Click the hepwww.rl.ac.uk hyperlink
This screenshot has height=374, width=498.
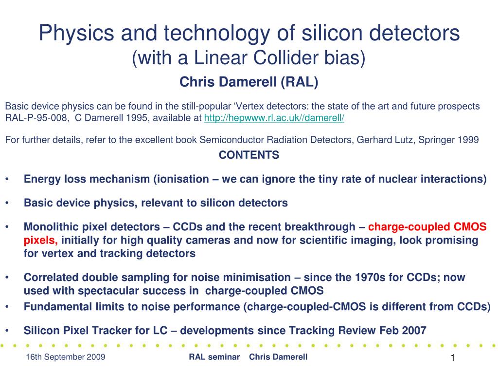pyautogui.click(x=274, y=118)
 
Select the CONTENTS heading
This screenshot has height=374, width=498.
pyautogui.click(x=249, y=155)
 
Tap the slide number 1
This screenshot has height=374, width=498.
pyautogui.click(x=453, y=358)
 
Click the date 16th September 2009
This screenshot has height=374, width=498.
pyautogui.click(x=66, y=357)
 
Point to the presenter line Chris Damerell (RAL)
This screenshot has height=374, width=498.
pyautogui.click(x=249, y=82)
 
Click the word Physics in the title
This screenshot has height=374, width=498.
pyautogui.click(x=76, y=33)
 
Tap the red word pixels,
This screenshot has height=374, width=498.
pyautogui.click(x=41, y=241)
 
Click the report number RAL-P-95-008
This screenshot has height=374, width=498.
pyautogui.click(x=36, y=118)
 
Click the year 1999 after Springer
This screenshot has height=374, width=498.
pyautogui.click(x=468, y=140)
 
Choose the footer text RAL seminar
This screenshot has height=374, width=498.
pyautogui.click(x=214, y=357)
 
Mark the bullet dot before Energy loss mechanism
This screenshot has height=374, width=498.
pyautogui.click(x=7, y=179)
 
